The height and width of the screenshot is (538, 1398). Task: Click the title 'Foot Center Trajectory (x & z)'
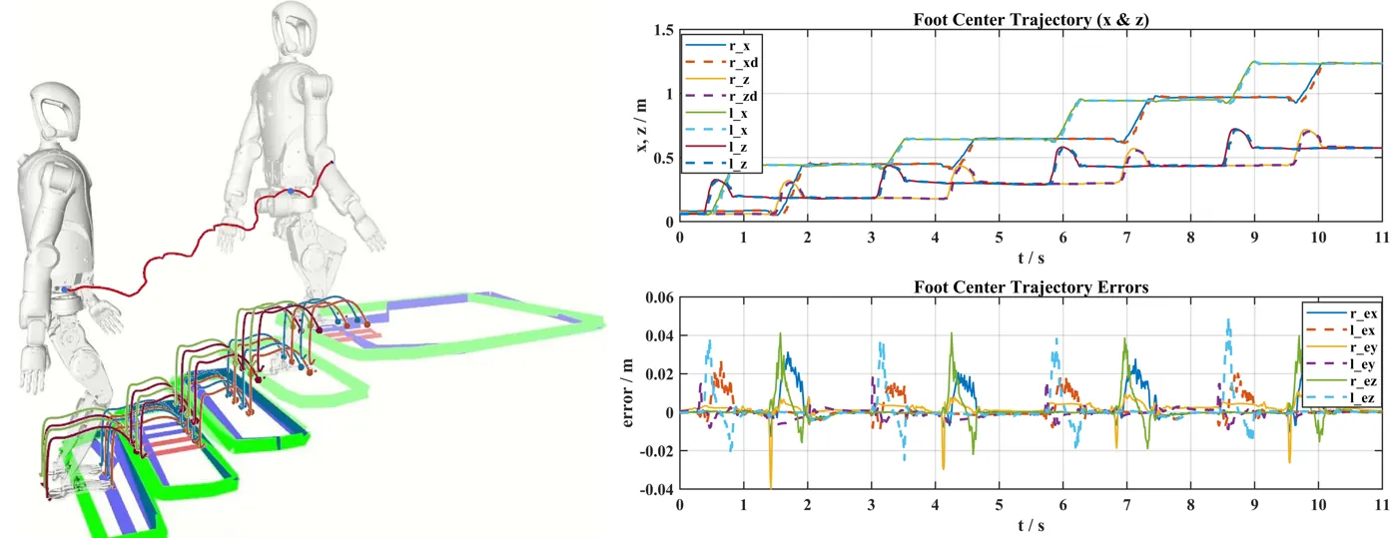[1031, 20]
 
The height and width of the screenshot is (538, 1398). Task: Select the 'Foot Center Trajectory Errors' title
[1031, 287]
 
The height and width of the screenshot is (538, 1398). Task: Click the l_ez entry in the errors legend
[1340, 397]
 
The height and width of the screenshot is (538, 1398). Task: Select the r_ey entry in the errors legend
[1341, 347]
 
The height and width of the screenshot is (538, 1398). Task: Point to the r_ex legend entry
[1341, 313]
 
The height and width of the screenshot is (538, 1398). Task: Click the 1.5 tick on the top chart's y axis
[663, 30]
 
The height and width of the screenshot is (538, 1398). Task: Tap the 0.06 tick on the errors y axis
[660, 297]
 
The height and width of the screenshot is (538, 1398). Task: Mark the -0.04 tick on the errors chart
[657, 489]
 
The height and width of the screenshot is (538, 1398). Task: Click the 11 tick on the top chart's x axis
[1382, 238]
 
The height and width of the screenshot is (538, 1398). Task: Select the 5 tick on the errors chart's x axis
[1000, 504]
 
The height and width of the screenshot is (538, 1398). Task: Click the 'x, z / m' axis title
[641, 125]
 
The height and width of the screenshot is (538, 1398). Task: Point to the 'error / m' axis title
[627, 392]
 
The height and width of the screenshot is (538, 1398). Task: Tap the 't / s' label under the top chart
[1031, 258]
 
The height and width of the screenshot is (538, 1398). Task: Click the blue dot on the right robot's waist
[291, 191]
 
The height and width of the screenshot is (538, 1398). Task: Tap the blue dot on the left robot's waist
[64, 289]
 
